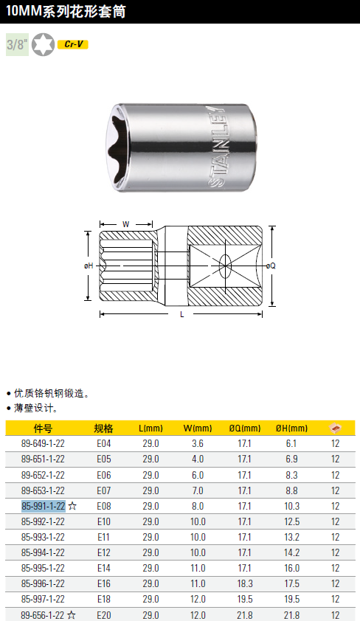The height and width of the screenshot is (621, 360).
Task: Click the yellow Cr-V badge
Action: [x=73, y=44]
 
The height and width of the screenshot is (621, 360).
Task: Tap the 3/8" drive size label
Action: [x=17, y=44]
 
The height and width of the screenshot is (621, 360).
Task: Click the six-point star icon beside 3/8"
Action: [x=43, y=44]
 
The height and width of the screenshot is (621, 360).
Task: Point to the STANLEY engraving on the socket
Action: [x=218, y=146]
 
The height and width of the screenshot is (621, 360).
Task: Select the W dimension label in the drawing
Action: [x=126, y=224]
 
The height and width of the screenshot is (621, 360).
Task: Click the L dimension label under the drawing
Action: [x=181, y=314]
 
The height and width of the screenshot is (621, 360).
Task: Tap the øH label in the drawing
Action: [x=89, y=266]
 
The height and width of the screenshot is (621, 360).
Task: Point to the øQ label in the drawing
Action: [x=271, y=266]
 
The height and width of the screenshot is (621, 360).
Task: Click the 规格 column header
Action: [x=103, y=428]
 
